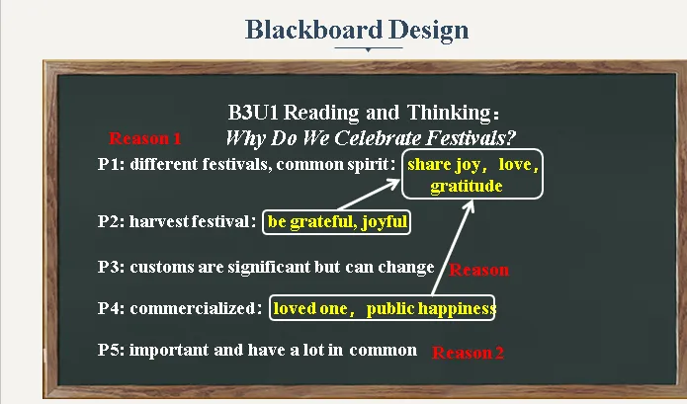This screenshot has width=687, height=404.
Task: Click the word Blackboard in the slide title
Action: pyautogui.click(x=313, y=30)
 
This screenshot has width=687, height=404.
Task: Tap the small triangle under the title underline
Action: pyautogui.click(x=368, y=50)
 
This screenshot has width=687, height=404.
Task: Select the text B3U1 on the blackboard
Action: pyautogui.click(x=253, y=113)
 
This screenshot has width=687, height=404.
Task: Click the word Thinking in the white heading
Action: pyautogui.click(x=449, y=114)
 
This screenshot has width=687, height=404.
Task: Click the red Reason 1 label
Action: pyautogui.click(x=145, y=138)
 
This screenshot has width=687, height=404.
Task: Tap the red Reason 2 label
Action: pyautogui.click(x=468, y=353)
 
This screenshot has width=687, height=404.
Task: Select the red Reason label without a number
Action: pyautogui.click(x=478, y=270)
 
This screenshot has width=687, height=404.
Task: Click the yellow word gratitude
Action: pyautogui.click(x=467, y=187)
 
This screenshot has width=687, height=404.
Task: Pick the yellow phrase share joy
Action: pyautogui.click(x=444, y=165)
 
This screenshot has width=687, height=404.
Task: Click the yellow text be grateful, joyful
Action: pyautogui.click(x=337, y=222)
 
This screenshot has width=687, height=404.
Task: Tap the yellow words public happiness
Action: pyautogui.click(x=431, y=308)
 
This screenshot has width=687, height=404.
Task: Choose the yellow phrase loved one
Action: pyautogui.click(x=310, y=308)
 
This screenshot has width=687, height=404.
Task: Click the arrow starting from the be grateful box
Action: pyautogui.click(x=369, y=195)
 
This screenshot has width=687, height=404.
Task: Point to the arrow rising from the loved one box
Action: pyautogui.click(x=453, y=247)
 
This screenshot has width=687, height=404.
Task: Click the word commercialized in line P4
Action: pyautogui.click(x=193, y=308)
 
